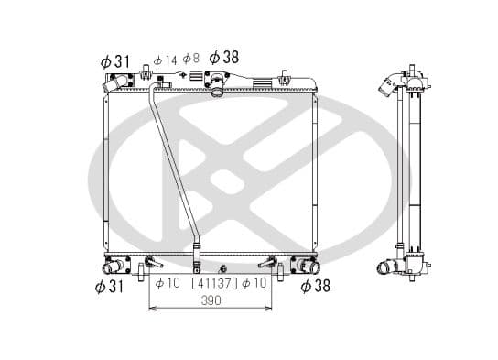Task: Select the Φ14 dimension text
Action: click(165, 60)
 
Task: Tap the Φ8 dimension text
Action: click(190, 59)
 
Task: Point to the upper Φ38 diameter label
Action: click(223, 58)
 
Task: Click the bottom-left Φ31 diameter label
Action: click(110, 288)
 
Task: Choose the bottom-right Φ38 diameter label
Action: click(315, 287)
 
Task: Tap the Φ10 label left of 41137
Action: click(167, 283)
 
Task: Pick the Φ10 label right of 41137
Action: click(259, 283)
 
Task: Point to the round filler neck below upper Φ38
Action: click(217, 89)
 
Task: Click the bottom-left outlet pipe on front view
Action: click(114, 267)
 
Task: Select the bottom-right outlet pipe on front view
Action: click(307, 267)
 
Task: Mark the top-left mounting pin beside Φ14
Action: click(146, 73)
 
